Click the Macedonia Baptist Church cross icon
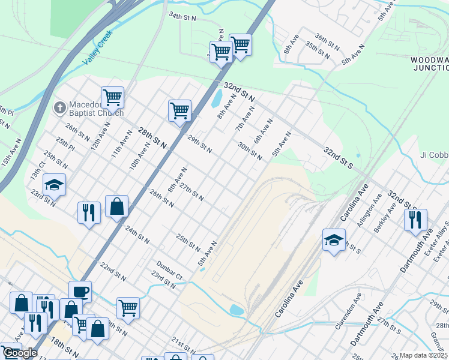[x=59, y=107]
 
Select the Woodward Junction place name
[x=429, y=64]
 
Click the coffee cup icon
[x=80, y=292]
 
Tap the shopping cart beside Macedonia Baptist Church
[x=112, y=97]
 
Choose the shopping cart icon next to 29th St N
[x=179, y=110]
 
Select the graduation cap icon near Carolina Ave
[x=334, y=240]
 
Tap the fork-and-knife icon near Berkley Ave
[x=415, y=220]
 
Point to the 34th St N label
[x=183, y=16]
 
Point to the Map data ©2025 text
[x=424, y=355]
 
